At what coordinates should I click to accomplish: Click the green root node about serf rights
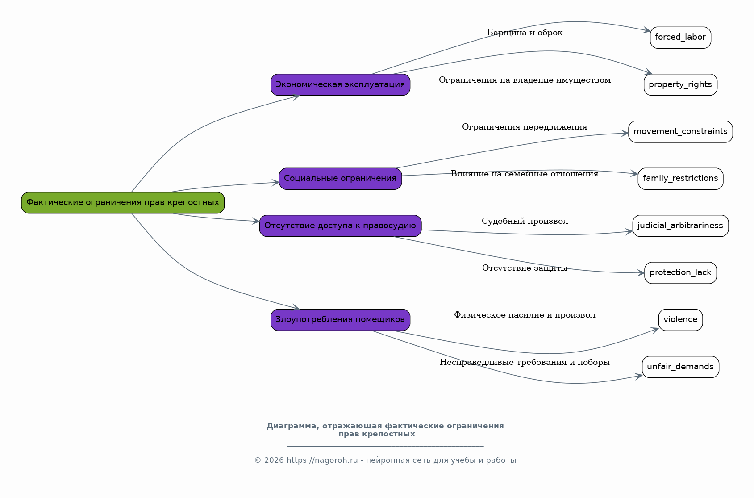[123, 203]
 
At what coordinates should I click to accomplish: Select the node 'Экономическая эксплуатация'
[340, 85]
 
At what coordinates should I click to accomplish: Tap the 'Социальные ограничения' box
[340, 179]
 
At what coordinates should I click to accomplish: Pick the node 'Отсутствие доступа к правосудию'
[340, 226]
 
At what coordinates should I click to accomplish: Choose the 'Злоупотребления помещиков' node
[340, 320]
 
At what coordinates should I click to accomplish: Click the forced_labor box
[680, 38]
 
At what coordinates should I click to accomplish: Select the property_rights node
[680, 85]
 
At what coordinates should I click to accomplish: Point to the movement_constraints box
[680, 132]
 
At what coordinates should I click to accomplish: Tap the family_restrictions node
[680, 179]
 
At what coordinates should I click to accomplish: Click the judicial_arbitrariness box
[680, 226]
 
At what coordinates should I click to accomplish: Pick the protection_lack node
[680, 273]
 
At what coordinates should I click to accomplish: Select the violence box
[680, 320]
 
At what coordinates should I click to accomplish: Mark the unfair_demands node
[680, 367]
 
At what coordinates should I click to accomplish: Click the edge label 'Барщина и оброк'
[525, 33]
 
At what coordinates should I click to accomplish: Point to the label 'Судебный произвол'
[525, 221]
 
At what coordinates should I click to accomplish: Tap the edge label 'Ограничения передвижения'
[525, 127]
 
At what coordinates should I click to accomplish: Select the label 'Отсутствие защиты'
[525, 268]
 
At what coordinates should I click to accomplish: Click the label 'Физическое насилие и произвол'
[525, 315]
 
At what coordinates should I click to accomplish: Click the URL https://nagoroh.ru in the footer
[322, 460]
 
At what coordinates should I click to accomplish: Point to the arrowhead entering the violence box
[655, 330]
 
